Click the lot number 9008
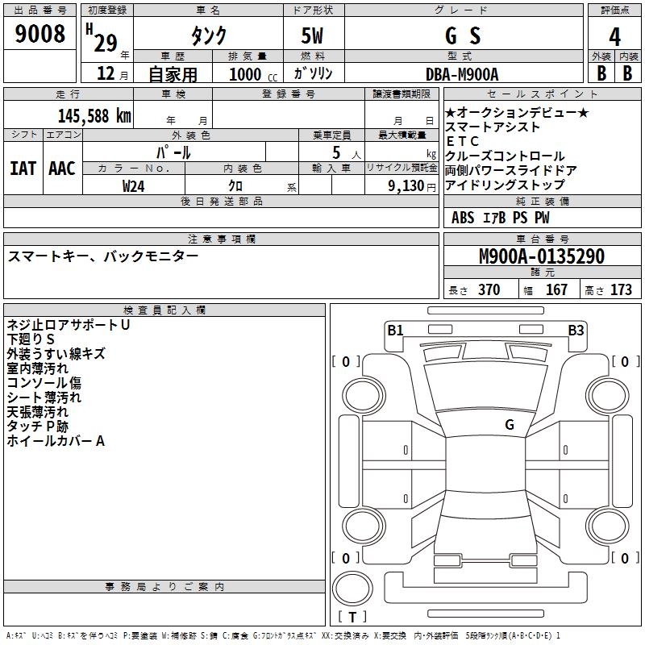coord(40,34)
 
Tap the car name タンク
coord(208,36)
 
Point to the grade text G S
coord(463,36)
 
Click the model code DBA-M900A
coord(461,73)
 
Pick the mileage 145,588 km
coord(94,115)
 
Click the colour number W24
coord(134,185)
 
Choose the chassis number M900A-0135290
coord(541,256)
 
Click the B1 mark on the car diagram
coord(395,330)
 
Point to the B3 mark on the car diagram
coord(576,330)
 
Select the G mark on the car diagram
coord(510,424)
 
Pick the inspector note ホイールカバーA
coord(56,441)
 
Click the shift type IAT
coord(23,169)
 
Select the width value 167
coord(556,289)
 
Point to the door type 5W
coord(313,36)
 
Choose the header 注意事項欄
coord(221,239)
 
